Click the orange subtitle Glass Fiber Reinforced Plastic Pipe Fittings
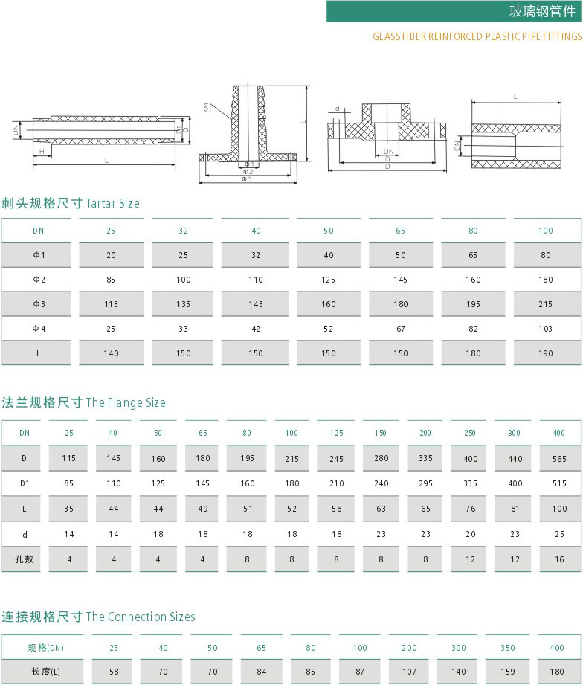pyautogui.click(x=477, y=36)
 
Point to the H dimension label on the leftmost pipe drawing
pyautogui.click(x=42, y=151)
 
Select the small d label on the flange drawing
pyautogui.click(x=337, y=109)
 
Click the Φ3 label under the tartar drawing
pyautogui.click(x=247, y=179)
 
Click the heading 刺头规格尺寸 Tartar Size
pyautogui.click(x=71, y=203)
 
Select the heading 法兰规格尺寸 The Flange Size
pyautogui.click(x=83, y=402)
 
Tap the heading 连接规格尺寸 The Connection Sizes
pyautogui.click(x=98, y=617)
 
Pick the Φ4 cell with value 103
pyautogui.click(x=546, y=328)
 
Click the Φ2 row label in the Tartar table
pyautogui.click(x=39, y=280)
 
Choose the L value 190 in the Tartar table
pyautogui.click(x=546, y=353)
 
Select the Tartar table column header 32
pyautogui.click(x=183, y=231)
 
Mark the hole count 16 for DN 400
pyautogui.click(x=558, y=559)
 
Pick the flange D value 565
pyautogui.click(x=558, y=459)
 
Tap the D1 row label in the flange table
pyautogui.click(x=25, y=483)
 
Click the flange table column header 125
pyautogui.click(x=336, y=433)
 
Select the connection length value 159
pyautogui.click(x=509, y=672)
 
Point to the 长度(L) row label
pyautogui.click(x=46, y=672)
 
